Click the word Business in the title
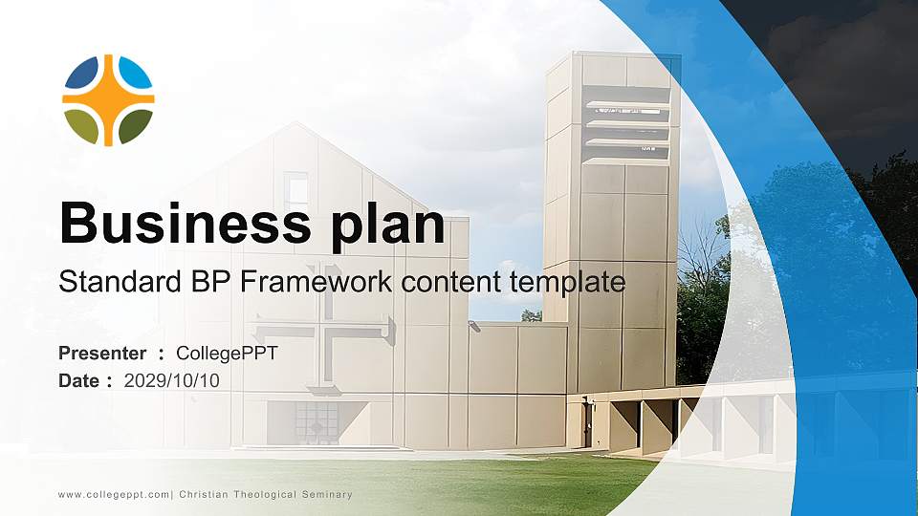point(185,223)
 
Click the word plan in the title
point(388,226)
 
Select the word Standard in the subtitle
point(120,281)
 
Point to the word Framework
point(317,281)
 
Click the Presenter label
point(102,354)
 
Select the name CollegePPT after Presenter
point(228,354)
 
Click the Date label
point(78,381)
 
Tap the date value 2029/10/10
point(171,381)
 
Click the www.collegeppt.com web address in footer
point(114,495)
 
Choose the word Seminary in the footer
point(327,494)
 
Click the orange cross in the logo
point(108,100)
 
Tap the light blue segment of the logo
point(135,74)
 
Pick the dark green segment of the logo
point(135,126)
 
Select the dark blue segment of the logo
point(81,74)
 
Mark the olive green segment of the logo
point(81,126)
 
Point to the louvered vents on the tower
point(627,126)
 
